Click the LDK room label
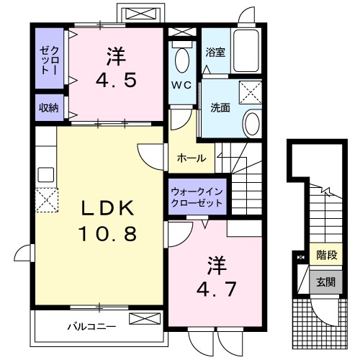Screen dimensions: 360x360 pos(107,210)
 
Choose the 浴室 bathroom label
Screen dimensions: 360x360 pos(215,53)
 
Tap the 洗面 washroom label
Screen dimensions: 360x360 pos(220,108)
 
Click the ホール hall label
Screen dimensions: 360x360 pos(192,158)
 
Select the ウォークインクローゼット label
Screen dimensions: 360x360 pos(197,197)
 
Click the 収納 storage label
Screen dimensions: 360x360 pos(48,108)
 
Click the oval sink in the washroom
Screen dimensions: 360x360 pos(252,123)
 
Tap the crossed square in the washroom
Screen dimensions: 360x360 pos(251,92)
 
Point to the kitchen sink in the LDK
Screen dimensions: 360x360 pos(45,174)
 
